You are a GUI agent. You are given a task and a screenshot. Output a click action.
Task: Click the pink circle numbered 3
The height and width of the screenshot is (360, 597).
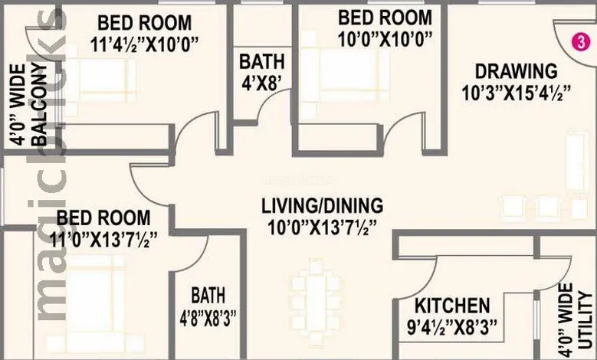click(581, 42)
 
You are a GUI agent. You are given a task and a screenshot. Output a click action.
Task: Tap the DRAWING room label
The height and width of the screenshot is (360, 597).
click(517, 71)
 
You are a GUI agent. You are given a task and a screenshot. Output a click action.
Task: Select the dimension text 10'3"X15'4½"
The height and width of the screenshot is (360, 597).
click(517, 93)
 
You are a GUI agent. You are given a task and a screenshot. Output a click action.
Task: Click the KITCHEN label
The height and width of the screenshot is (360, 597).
click(452, 306)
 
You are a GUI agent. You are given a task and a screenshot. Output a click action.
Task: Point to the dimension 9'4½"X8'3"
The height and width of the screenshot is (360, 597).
click(452, 328)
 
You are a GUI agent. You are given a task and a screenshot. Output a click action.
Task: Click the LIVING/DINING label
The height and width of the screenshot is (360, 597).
click(322, 206)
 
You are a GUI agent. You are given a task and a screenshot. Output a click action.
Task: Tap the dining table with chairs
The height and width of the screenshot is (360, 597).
click(316, 302)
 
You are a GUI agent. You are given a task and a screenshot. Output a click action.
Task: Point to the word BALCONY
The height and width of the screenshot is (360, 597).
click(39, 106)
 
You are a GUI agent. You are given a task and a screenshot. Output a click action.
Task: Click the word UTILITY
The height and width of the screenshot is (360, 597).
click(585, 320)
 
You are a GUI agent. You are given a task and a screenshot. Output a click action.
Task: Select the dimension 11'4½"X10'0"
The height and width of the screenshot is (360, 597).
click(145, 45)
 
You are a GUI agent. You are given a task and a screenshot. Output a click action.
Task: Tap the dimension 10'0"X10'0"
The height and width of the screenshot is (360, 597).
click(385, 39)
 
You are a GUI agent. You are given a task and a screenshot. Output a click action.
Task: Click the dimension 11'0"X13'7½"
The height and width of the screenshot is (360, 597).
click(103, 241)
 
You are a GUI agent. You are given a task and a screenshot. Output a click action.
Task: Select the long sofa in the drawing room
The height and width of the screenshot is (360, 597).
click(578, 162)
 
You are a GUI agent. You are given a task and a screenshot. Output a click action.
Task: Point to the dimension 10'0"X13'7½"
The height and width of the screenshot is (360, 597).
click(322, 228)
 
